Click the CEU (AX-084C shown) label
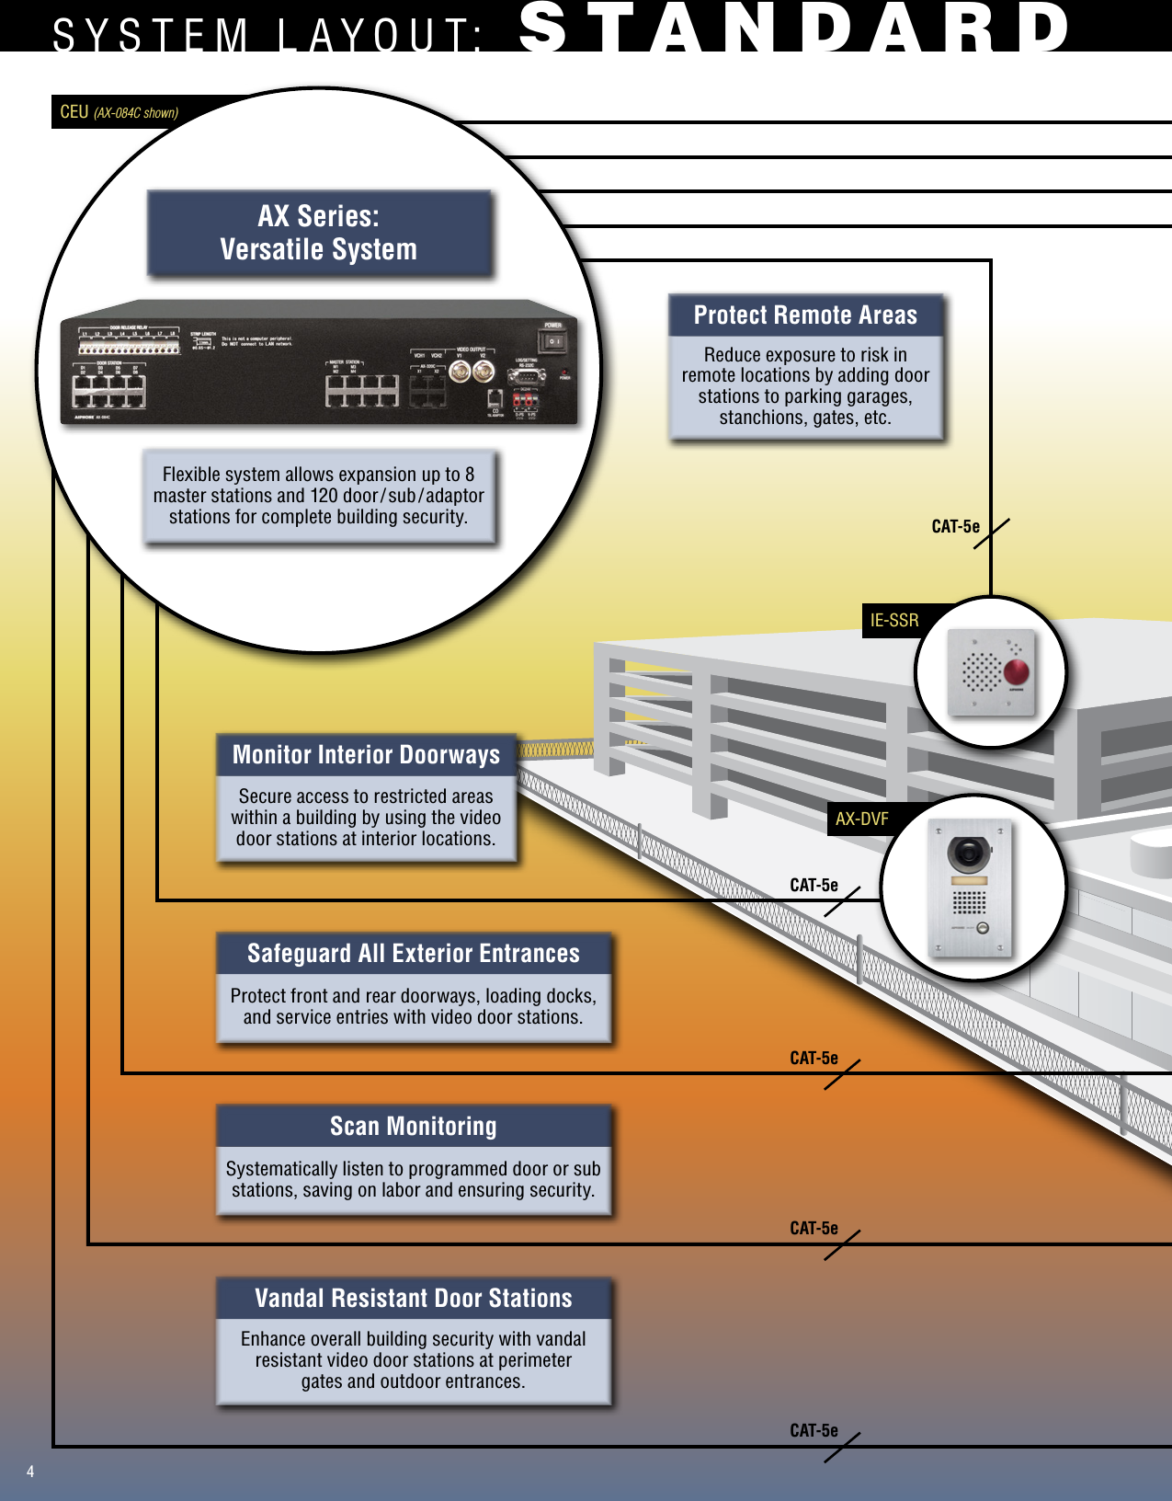click(x=119, y=112)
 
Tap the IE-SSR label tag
click(x=893, y=621)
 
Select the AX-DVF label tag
click(x=861, y=819)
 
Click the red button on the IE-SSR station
click(x=1016, y=671)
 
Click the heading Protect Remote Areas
click(x=805, y=315)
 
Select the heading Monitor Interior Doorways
click(x=366, y=755)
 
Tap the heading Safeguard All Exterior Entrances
click(x=414, y=954)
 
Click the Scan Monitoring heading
click(x=414, y=1127)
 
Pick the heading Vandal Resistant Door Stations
click(x=414, y=1299)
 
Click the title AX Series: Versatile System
click(x=318, y=233)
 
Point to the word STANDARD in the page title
click(x=795, y=28)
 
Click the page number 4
click(x=30, y=1472)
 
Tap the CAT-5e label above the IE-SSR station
click(x=955, y=527)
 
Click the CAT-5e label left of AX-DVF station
click(x=814, y=886)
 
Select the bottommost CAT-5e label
click(x=814, y=1431)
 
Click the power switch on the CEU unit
click(x=552, y=341)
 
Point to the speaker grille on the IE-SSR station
click(x=980, y=671)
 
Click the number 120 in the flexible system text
click(x=324, y=496)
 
